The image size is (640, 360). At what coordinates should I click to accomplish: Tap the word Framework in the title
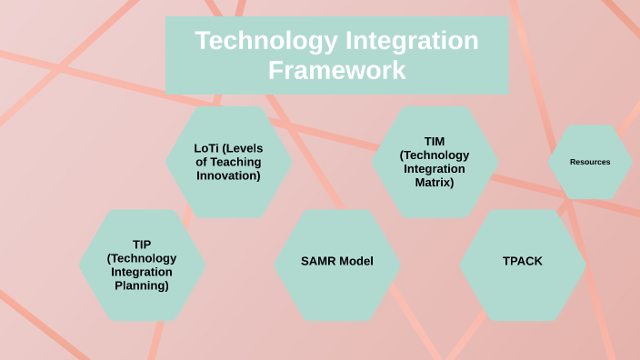336,70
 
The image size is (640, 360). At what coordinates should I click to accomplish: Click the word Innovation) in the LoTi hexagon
229,175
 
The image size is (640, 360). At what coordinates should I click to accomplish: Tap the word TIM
435,141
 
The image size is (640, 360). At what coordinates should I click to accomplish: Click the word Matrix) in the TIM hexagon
435,182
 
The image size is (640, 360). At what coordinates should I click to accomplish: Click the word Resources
590,162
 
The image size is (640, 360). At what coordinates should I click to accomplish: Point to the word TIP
142,244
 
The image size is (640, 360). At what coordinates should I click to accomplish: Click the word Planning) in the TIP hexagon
142,285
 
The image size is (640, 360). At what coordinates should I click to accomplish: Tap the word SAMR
318,262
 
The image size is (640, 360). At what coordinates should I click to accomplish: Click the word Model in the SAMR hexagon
356,262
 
